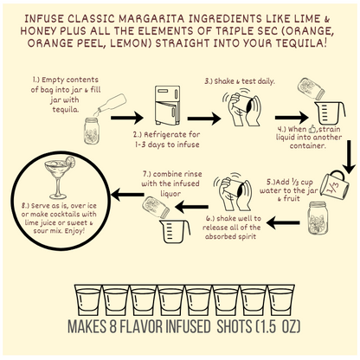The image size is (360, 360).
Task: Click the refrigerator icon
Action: pos(167,106)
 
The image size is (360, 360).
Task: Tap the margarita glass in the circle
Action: pos(59,179)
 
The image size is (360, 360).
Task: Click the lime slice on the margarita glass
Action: pos(70,162)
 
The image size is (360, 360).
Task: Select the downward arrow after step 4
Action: pos(349,157)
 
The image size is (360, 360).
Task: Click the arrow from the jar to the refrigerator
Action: pos(127,118)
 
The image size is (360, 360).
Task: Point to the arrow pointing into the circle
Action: pos(127,195)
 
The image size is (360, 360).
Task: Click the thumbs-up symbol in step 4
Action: pos(312,129)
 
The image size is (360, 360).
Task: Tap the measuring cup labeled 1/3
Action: pos(335,185)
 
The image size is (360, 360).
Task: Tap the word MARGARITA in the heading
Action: pos(151,19)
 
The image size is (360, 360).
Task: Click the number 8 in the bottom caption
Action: pos(113,326)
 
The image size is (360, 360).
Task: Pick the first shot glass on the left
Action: pos(88,300)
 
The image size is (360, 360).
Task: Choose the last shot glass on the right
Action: pos(281,300)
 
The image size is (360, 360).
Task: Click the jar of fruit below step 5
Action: pos(318,218)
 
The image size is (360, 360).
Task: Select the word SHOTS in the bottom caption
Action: pos(235,326)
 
